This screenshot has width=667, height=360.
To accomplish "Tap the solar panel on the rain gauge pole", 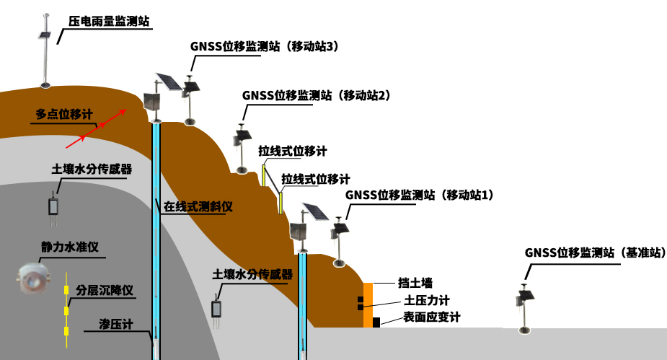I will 45,35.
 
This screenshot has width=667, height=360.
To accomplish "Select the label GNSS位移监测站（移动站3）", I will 265,46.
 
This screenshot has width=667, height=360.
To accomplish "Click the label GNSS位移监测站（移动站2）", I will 316,95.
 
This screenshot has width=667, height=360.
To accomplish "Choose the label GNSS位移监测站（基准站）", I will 595,253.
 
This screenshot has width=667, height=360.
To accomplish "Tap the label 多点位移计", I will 64,114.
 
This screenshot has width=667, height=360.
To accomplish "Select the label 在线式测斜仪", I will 198,206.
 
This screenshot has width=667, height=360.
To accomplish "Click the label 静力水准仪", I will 69,247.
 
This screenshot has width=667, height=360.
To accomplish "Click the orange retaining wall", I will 368,303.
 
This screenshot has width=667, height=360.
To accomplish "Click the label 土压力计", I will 427,300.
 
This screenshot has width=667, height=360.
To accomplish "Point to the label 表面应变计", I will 431,317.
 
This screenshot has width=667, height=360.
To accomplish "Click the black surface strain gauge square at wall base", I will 376,322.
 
